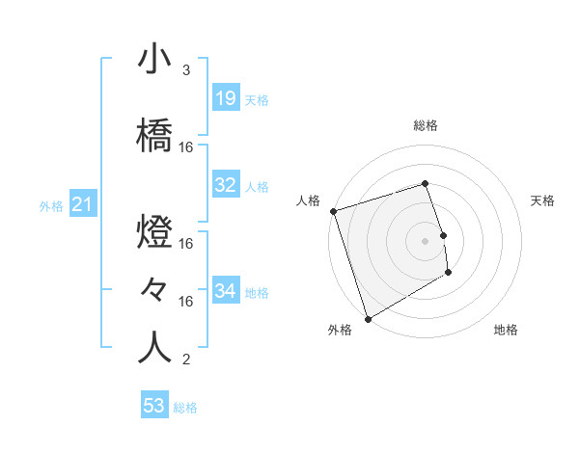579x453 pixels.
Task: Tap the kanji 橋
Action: [154, 136]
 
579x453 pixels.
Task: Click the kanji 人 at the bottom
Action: [154, 348]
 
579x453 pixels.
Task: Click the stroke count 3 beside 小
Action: [185, 70]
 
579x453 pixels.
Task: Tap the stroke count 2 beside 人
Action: [185, 360]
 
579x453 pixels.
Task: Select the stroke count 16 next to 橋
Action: [186, 147]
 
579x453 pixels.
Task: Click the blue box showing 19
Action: [225, 98]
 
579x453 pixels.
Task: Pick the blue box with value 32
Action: [225, 185]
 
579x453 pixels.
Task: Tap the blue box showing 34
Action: [225, 291]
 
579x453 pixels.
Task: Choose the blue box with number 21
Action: [82, 204]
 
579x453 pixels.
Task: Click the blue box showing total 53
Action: [154, 406]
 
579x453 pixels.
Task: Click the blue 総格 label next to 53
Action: [185, 408]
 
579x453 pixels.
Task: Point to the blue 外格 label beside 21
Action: [51, 205]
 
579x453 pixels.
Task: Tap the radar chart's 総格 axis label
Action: [426, 125]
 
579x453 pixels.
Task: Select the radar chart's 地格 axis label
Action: [506, 331]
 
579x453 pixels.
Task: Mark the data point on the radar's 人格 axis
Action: [333, 211]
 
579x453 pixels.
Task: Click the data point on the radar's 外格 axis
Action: [367, 318]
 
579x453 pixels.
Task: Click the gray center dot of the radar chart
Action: [426, 240]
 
